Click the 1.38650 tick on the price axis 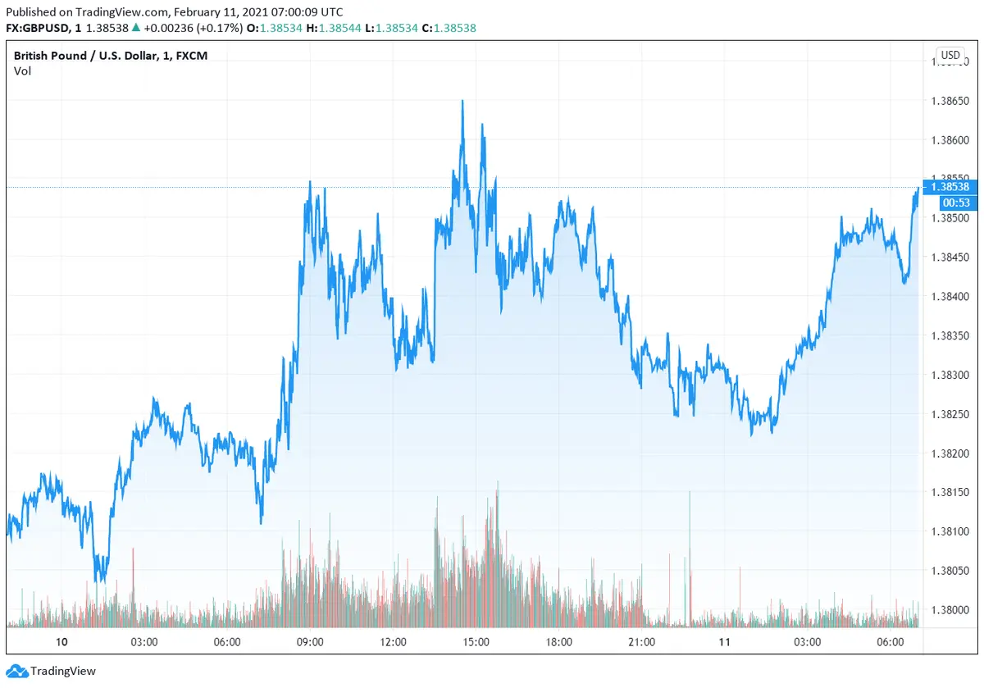tap(951, 102)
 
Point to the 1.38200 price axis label tap(951, 453)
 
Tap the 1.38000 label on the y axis tap(951, 610)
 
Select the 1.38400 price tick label tap(951, 297)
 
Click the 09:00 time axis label tap(310, 641)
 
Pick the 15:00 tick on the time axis tap(476, 641)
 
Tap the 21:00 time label tap(641, 641)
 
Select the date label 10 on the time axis tap(61, 641)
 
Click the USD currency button tap(950, 56)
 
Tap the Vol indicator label tap(22, 71)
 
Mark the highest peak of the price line tap(462, 101)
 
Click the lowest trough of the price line tap(98, 581)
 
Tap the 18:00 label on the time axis tap(558, 641)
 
